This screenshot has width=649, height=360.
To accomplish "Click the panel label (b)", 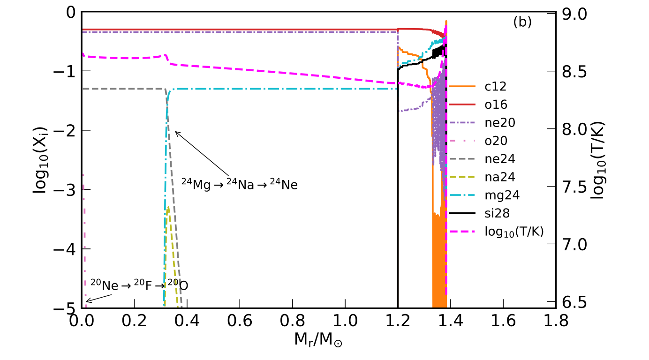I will click(x=522, y=22).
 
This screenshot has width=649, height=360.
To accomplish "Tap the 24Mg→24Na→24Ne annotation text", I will click(x=239, y=184).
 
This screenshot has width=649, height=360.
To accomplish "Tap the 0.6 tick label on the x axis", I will click(x=240, y=321).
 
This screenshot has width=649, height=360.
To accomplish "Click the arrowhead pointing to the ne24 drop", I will click(x=176, y=132).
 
